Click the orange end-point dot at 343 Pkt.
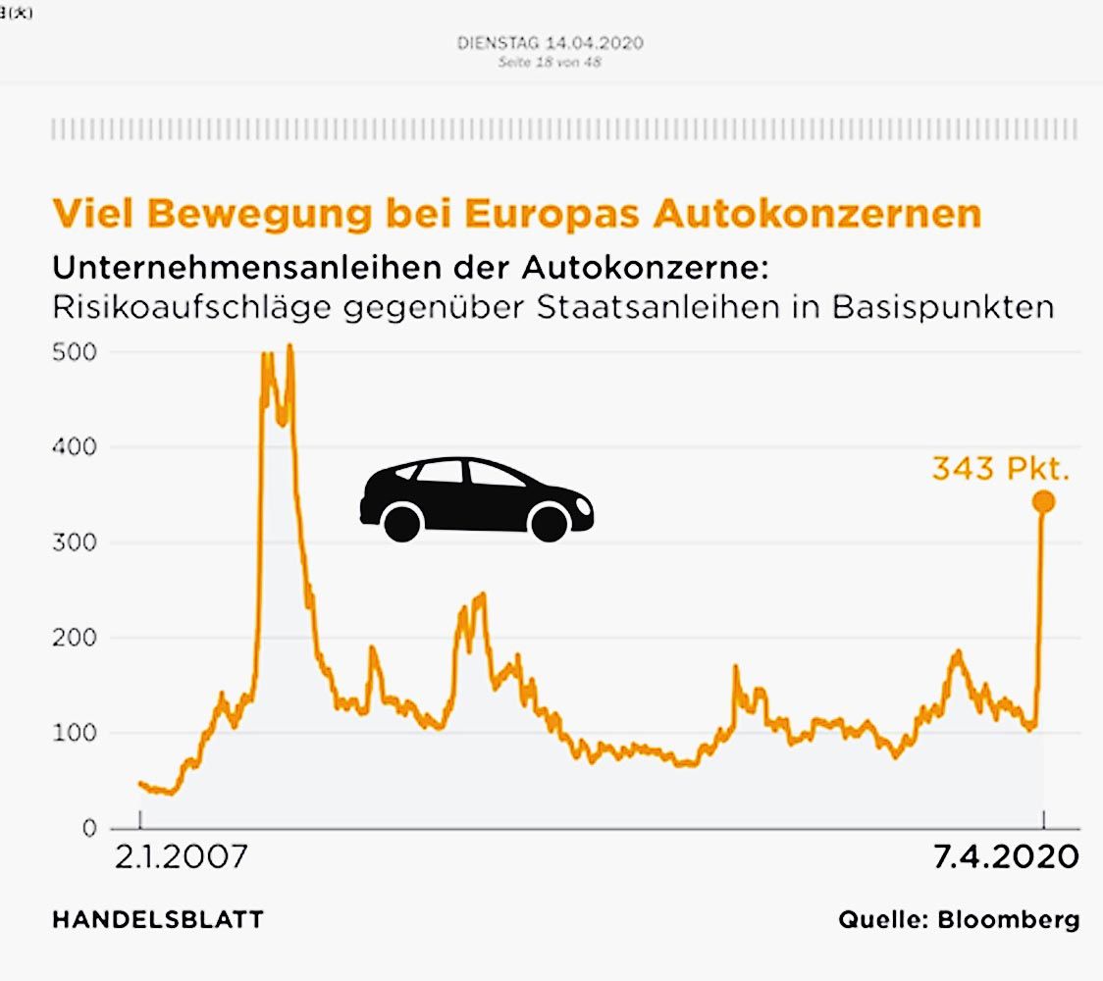click(x=1043, y=501)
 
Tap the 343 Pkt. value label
click(x=1000, y=469)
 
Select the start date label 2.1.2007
click(x=182, y=857)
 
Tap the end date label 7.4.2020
click(x=1006, y=857)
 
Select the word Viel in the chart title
click(x=92, y=215)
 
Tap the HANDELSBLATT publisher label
click(x=157, y=920)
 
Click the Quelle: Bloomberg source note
click(x=958, y=920)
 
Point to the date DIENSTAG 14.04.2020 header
click(x=551, y=44)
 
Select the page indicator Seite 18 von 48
click(x=550, y=62)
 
